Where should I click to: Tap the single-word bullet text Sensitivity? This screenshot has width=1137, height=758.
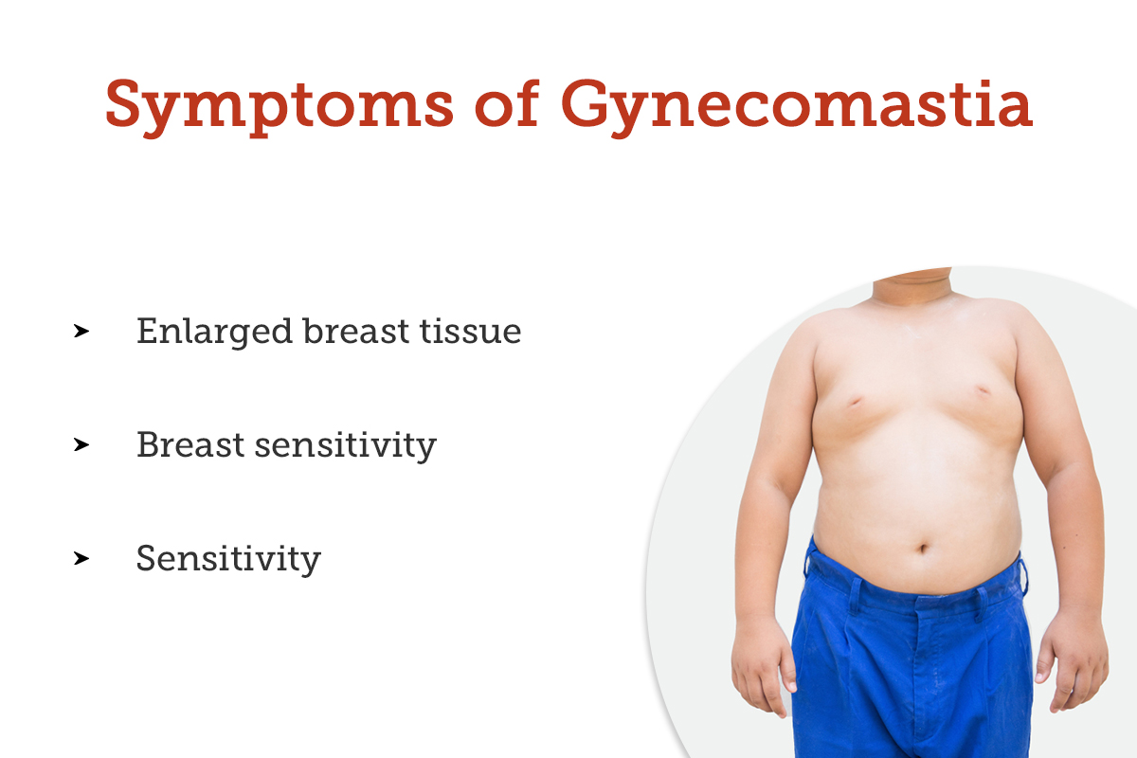[x=228, y=558]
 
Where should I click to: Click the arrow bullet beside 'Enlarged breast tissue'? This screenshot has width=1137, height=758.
[x=81, y=332]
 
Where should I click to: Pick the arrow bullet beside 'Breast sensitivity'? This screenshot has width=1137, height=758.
[x=81, y=444]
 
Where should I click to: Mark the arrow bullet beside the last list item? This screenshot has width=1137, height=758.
[x=81, y=558]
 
